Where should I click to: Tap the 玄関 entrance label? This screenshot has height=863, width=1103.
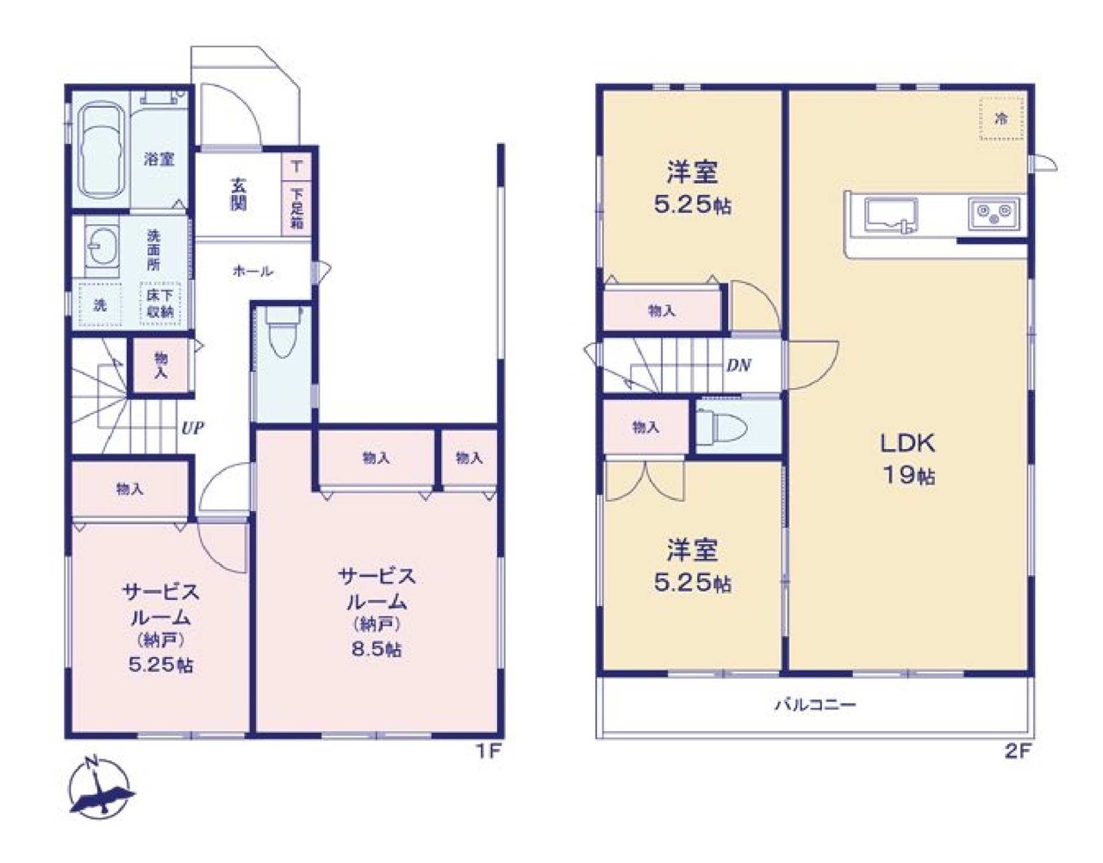point(239,193)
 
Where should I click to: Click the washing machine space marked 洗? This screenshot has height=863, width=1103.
point(100,304)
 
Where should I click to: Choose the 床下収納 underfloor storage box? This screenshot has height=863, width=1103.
point(160,303)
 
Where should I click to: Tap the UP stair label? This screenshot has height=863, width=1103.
point(192,427)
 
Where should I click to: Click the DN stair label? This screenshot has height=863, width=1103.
point(738,365)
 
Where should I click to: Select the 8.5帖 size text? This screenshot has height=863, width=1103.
point(376,650)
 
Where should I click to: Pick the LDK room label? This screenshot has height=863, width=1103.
point(907,443)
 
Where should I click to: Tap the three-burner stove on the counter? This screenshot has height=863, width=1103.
point(994,213)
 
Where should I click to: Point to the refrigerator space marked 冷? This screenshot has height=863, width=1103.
point(1001,119)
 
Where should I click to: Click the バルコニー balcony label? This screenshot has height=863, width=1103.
point(814,705)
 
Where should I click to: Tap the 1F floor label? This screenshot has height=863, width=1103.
point(488,751)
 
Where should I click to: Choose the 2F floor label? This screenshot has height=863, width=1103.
point(1017,751)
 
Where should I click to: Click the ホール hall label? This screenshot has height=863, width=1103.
point(252,271)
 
